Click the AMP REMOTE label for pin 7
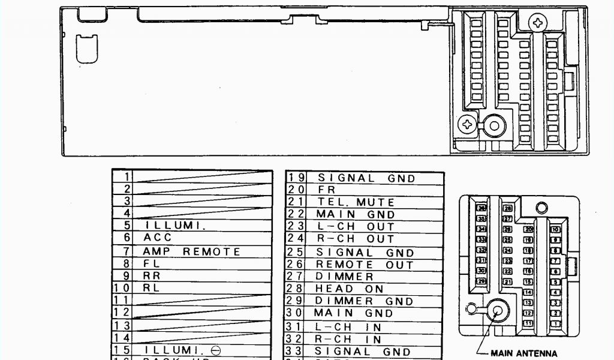(191, 252)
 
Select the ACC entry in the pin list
(158, 238)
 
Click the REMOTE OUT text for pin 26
(365, 265)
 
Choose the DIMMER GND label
(365, 301)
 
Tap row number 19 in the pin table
(296, 178)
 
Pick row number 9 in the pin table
(126, 276)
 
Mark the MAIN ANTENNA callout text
(523, 353)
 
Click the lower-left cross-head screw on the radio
(466, 125)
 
